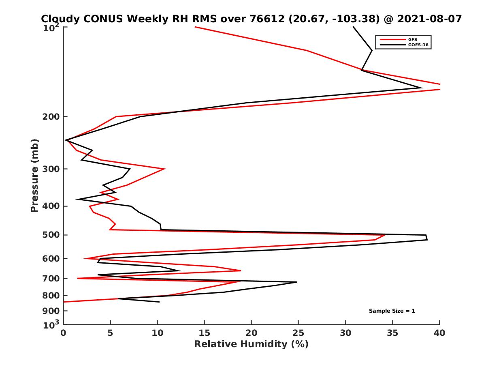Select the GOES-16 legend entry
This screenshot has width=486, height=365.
419,45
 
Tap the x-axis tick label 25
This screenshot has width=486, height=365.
298,333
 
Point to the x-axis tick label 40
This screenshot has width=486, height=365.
439,333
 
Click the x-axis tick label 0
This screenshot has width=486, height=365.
64,333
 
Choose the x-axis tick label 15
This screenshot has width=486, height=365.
204,333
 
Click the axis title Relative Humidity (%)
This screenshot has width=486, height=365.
251,344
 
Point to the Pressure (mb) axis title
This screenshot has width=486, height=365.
34,175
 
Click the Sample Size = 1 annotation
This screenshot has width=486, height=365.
392,311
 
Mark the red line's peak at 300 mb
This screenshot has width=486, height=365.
164,169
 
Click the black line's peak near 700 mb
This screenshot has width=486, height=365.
297,282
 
